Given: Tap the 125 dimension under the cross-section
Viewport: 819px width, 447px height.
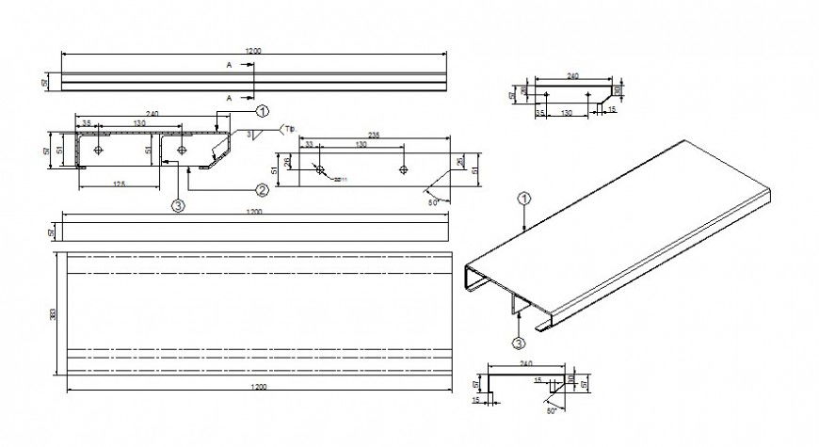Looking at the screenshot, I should (118, 183).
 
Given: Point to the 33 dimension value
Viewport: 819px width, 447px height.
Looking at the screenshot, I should (308, 144).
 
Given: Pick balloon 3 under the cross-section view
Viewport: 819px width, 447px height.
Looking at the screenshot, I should (178, 203).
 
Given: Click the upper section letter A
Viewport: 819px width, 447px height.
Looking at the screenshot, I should (229, 65).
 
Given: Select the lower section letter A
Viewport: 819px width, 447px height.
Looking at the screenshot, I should (229, 97).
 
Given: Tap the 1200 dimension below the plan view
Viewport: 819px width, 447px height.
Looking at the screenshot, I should (260, 387).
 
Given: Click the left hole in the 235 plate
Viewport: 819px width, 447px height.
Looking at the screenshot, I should (321, 170).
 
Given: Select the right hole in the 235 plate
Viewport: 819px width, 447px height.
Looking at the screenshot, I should (404, 170).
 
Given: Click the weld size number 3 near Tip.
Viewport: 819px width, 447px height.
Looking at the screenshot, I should (249, 136).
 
